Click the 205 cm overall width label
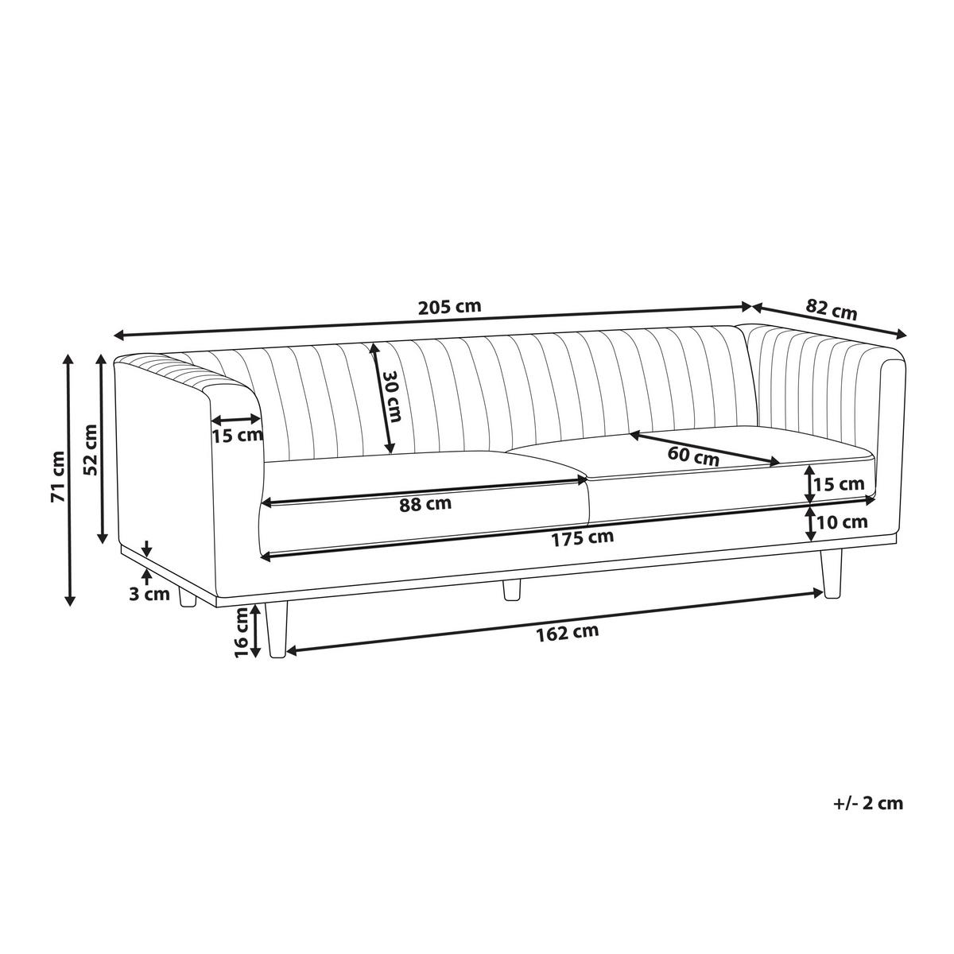tap(449, 306)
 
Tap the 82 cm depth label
tap(832, 309)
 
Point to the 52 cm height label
tap(91, 450)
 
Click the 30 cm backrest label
tap(393, 405)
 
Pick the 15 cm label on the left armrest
tap(237, 436)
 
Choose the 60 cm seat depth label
tap(693, 456)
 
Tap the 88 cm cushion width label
tap(425, 505)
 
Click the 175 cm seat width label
tap(583, 538)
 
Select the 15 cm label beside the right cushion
tap(840, 483)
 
